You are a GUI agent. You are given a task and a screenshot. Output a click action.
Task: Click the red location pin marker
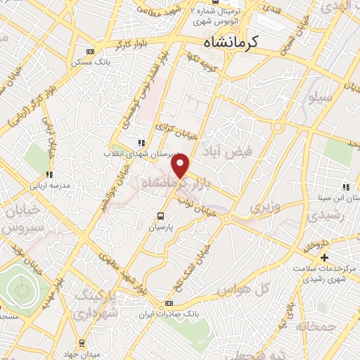point(181,166)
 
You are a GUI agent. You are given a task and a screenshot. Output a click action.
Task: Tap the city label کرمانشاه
point(224,43)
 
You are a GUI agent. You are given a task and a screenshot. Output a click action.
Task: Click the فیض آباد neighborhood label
point(238,148)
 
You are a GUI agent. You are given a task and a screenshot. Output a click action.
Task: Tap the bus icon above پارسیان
point(160,217)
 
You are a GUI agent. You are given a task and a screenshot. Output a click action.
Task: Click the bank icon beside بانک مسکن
point(89,51)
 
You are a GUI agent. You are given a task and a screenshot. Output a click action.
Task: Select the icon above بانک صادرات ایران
point(167,304)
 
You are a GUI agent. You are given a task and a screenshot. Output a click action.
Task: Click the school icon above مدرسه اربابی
point(49,175)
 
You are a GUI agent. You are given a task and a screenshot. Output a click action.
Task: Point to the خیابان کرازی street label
point(174,131)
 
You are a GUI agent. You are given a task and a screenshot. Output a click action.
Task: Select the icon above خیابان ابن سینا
point(346,187)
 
